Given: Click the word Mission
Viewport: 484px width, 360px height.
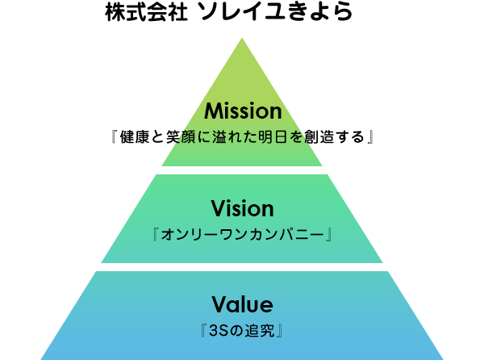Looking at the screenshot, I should pos(242,111).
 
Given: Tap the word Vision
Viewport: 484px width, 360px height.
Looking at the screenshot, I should pos(242,209).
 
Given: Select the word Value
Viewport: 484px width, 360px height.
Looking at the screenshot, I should pos(242,304).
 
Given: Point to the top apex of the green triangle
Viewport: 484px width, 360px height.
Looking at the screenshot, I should pos(242,38).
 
